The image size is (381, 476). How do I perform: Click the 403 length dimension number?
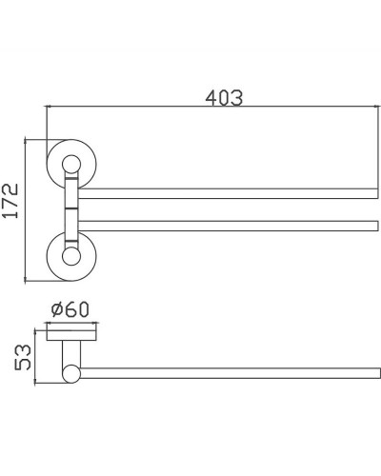[224, 97]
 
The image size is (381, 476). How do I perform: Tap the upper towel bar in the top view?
[229, 193]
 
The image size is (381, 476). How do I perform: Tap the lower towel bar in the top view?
[229, 226]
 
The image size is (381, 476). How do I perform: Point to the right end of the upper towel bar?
[376, 193]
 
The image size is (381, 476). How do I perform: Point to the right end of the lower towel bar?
[376, 226]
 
